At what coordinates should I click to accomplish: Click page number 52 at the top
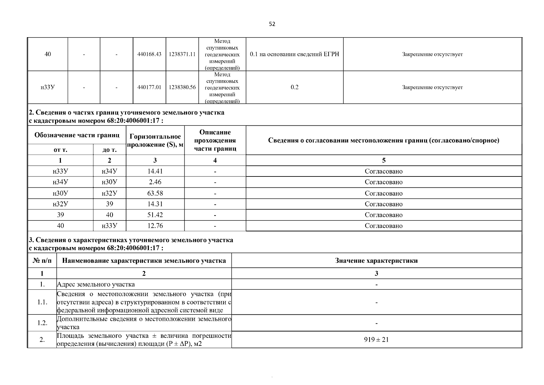272,24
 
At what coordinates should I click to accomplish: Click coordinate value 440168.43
149,54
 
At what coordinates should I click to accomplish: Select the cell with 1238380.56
182,87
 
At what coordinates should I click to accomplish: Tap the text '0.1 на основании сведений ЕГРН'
294,54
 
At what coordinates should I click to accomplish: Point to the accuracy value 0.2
294,87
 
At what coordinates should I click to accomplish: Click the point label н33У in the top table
47,87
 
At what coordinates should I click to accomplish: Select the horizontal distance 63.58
155,193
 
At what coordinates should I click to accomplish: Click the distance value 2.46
155,182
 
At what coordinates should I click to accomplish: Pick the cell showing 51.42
155,215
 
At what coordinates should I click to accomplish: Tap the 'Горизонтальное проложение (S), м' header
155,141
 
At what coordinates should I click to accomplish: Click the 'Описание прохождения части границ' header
215,141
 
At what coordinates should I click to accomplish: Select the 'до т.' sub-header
109,150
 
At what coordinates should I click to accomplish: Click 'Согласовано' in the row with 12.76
383,226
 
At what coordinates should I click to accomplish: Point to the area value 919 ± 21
376,339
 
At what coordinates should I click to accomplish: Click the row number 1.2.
42,323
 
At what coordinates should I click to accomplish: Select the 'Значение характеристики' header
376,261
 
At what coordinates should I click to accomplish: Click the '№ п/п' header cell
42,261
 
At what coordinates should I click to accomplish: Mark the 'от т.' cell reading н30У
60,193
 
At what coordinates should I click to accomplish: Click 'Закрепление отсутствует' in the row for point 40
432,54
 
